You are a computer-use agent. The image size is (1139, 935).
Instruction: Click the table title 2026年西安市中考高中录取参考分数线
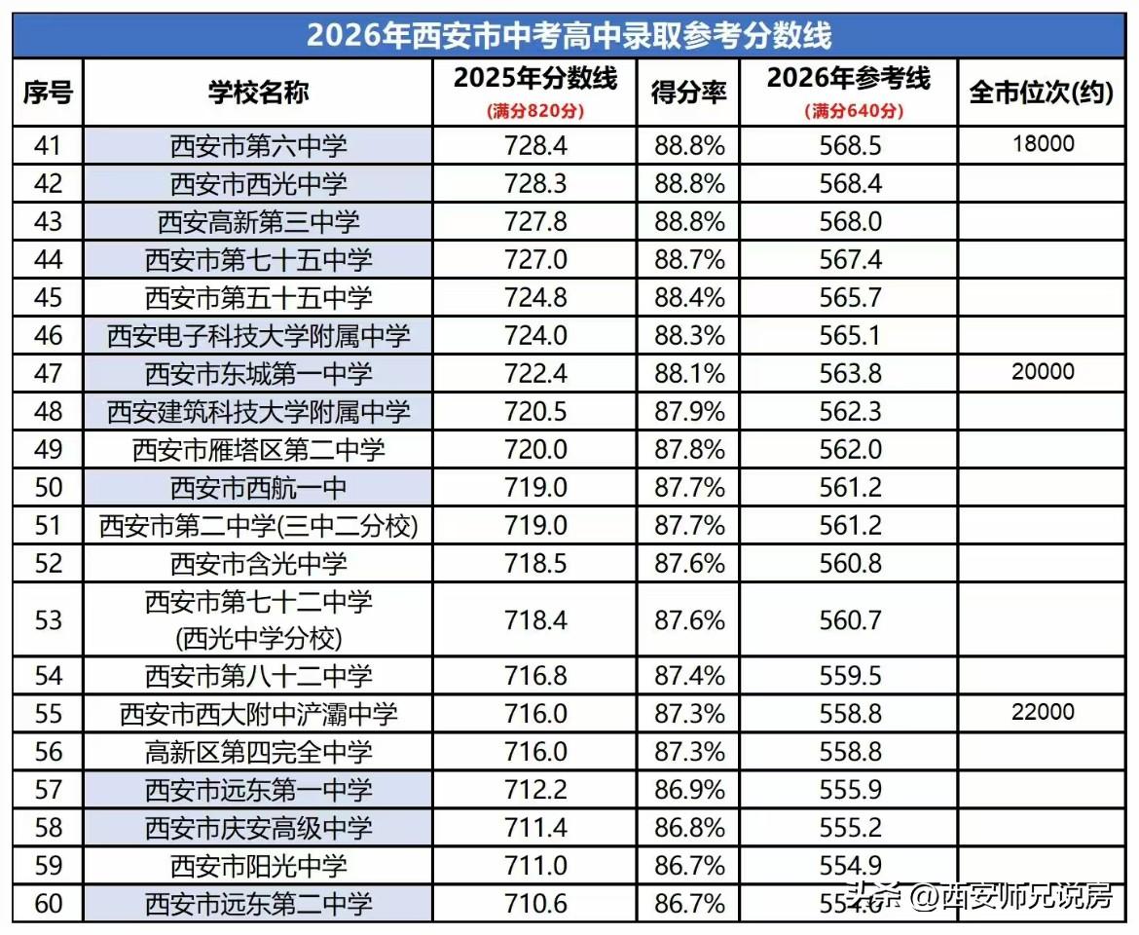pos(569,35)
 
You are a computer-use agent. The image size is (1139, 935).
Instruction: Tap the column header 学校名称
pos(258,93)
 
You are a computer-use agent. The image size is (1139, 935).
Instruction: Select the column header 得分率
pos(688,93)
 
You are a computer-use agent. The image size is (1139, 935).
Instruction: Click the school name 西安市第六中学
pos(258,146)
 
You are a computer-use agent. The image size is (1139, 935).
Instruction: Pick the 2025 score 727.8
pos(535,221)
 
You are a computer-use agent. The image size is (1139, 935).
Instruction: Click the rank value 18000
pos(1043,144)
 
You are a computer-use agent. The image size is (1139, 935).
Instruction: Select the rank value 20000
pos(1043,372)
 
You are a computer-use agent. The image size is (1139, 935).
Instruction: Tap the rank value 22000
pos(1043,712)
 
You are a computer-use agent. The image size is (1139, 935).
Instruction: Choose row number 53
pos(48,619)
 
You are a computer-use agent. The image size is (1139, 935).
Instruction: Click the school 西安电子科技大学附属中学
pos(258,336)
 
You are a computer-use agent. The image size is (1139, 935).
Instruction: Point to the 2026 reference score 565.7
pos(850,297)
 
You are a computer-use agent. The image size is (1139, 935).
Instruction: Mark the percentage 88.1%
pos(689,373)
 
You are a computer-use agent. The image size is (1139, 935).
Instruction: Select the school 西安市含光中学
pos(258,563)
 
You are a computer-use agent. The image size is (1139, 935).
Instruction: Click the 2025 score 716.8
pos(535,675)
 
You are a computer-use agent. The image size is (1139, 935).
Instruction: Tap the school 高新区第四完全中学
pos(258,751)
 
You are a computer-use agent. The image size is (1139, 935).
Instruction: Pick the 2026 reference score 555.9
pos(850,790)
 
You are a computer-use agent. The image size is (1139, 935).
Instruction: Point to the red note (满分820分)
pos(535,111)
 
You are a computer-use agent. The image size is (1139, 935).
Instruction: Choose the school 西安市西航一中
pos(258,487)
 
